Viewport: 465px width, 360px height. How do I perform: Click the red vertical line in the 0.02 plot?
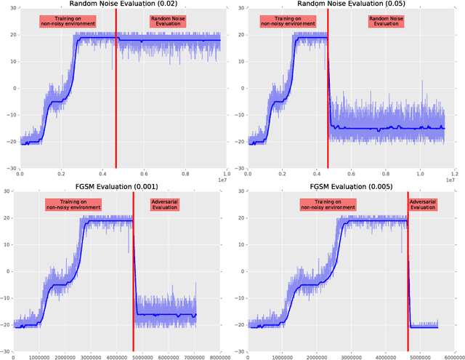tap(116, 87)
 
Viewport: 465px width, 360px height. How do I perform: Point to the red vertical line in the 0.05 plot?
tap(328, 87)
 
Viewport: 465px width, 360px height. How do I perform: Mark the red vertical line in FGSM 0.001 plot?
tap(134, 269)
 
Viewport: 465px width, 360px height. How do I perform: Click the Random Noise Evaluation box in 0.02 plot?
tap(167, 21)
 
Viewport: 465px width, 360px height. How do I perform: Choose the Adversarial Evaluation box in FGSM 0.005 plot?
tap(424, 204)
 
